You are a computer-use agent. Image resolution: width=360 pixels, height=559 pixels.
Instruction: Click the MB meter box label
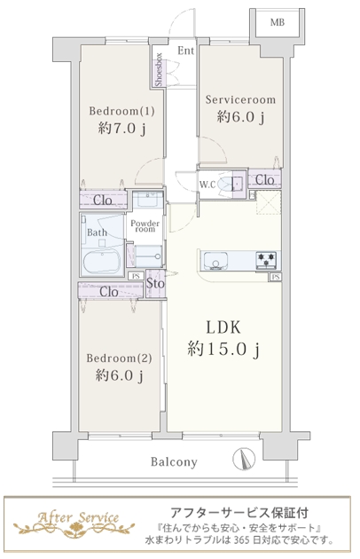278,22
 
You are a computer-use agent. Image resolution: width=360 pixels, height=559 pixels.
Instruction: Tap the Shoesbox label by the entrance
159,69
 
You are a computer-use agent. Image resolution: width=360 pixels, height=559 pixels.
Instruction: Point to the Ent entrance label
185,51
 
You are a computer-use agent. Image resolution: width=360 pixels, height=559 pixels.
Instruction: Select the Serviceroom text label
240,99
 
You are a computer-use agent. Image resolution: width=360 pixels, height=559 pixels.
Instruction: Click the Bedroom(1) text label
121,111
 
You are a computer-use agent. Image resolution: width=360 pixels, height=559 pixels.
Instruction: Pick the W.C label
207,185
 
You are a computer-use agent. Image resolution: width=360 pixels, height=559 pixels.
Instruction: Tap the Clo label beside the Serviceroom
264,179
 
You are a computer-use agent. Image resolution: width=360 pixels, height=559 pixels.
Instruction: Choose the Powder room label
145,226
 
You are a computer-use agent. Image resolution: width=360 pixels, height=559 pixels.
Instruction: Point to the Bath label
97,232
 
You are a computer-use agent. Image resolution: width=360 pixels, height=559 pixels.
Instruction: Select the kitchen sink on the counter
215,261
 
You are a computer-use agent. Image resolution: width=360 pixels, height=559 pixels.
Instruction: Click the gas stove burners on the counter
266,260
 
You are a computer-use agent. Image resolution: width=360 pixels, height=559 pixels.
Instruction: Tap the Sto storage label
155,284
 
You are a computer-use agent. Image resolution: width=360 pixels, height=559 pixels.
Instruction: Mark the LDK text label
223,327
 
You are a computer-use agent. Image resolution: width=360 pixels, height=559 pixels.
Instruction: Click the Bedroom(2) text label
119,358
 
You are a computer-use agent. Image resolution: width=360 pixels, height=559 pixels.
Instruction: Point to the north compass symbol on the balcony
244,459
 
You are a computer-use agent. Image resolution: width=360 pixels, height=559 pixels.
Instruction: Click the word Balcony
174,462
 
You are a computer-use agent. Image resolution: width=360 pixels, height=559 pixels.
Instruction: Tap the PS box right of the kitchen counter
276,277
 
